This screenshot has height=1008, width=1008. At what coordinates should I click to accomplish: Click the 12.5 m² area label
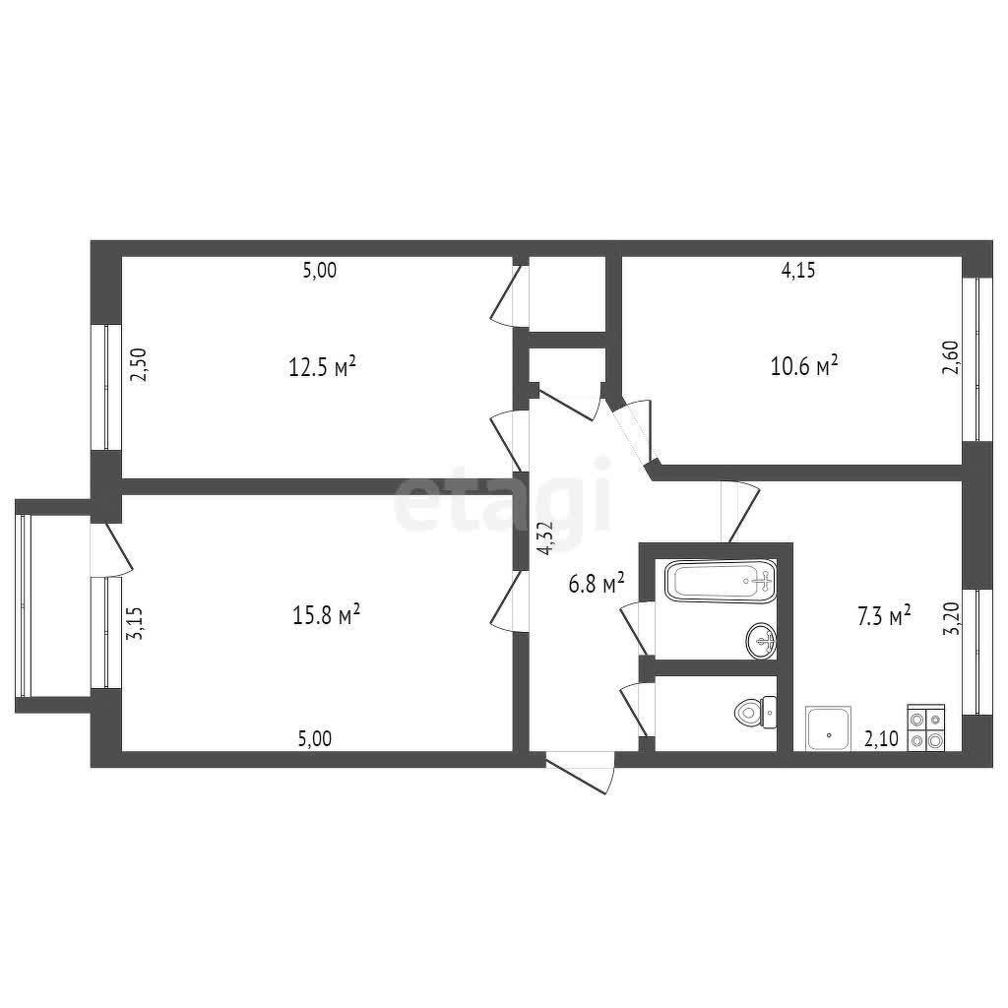322,368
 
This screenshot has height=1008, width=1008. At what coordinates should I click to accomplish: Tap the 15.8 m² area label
326,616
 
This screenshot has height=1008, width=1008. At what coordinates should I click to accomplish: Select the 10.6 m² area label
804,366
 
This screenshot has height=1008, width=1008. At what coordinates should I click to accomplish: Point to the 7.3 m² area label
884,617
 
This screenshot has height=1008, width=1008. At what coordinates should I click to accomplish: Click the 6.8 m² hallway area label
597,584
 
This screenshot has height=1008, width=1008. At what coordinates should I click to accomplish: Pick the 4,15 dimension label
797,270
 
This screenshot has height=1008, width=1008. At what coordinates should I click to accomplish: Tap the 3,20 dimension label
951,619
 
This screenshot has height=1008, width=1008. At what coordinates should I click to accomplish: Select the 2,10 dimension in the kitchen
881,739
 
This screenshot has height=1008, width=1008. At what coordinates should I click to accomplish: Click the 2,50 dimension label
139,365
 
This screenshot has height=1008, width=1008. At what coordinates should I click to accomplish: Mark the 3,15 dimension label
136,623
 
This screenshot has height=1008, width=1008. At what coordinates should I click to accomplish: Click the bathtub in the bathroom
720,581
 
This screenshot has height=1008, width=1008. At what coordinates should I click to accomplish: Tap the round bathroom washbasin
761,640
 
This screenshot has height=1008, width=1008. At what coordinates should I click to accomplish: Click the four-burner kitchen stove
925,727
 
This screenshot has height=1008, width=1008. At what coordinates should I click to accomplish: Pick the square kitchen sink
829,728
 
